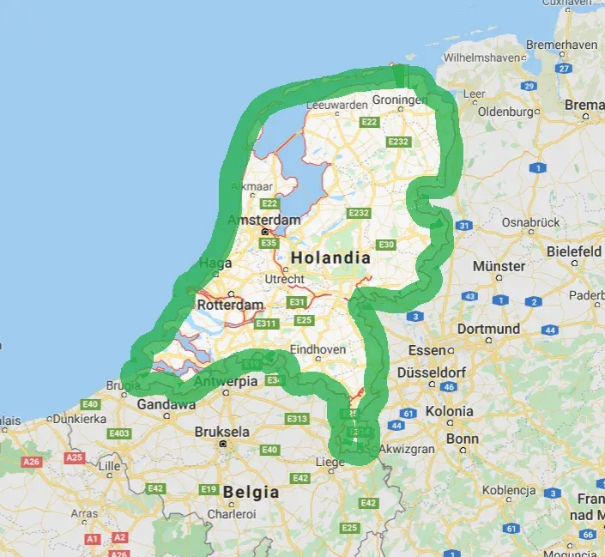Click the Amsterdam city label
pyautogui.click(x=263, y=221)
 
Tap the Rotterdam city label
pyautogui.click(x=230, y=306)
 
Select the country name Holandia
pyautogui.click(x=330, y=257)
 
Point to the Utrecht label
pyautogui.click(x=284, y=280)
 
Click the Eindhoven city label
pyautogui.click(x=318, y=349)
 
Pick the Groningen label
pyautogui.click(x=400, y=100)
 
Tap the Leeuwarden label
pyautogui.click(x=330, y=104)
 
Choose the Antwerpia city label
pyautogui.click(x=227, y=381)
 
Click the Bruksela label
pyautogui.click(x=222, y=432)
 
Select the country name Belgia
pyautogui.click(x=251, y=493)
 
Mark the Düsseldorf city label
pyautogui.click(x=433, y=373)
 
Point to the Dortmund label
pyautogui.click(x=488, y=329)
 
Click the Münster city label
pyautogui.click(x=499, y=266)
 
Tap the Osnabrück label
pyautogui.click(x=530, y=221)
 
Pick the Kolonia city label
pyautogui.click(x=449, y=411)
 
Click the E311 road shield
pyautogui.click(x=266, y=324)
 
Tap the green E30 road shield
pyautogui.click(x=386, y=245)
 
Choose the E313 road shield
pyautogui.click(x=297, y=419)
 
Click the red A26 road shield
pyautogui.click(x=32, y=462)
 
